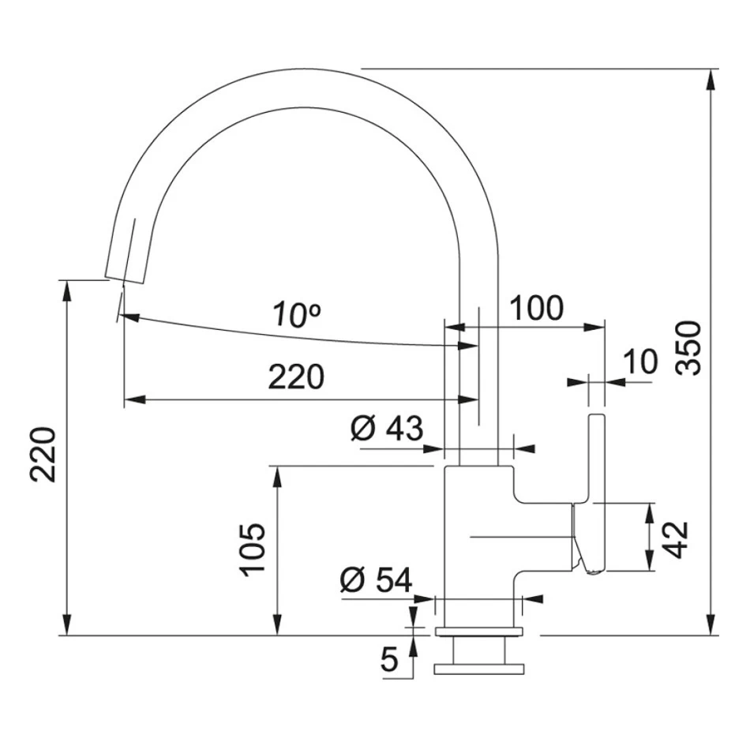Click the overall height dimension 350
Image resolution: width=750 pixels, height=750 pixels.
688,347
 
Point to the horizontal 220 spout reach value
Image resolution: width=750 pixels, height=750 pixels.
295,377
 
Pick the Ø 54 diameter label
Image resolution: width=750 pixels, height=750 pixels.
376,581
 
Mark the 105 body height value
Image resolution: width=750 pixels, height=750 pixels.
253,549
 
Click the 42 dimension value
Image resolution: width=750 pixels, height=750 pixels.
677,539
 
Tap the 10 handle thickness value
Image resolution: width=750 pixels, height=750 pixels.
639,362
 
